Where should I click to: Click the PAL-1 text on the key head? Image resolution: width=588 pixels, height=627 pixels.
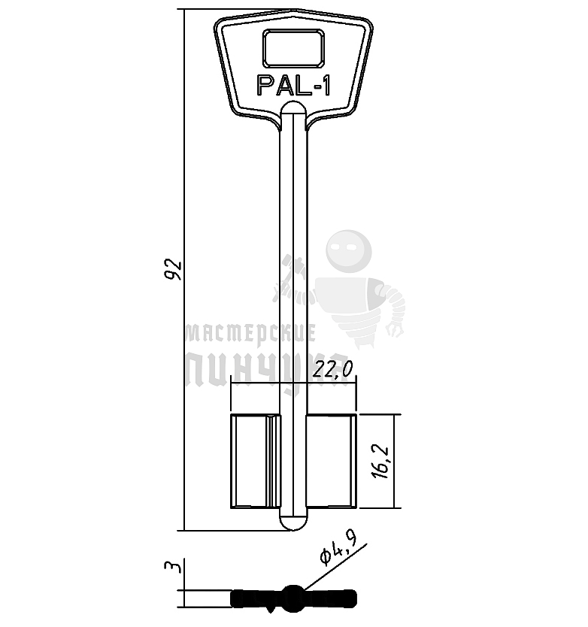pos(293,86)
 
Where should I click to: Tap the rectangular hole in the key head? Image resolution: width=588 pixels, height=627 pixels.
pos(293,49)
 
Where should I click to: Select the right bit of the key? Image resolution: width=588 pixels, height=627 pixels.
pos(330,460)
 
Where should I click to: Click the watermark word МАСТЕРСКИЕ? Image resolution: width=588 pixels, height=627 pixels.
pos(250,332)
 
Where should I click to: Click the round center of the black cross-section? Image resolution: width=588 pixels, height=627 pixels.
pos(292,598)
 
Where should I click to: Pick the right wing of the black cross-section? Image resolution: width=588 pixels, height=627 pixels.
pos(330,598)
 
